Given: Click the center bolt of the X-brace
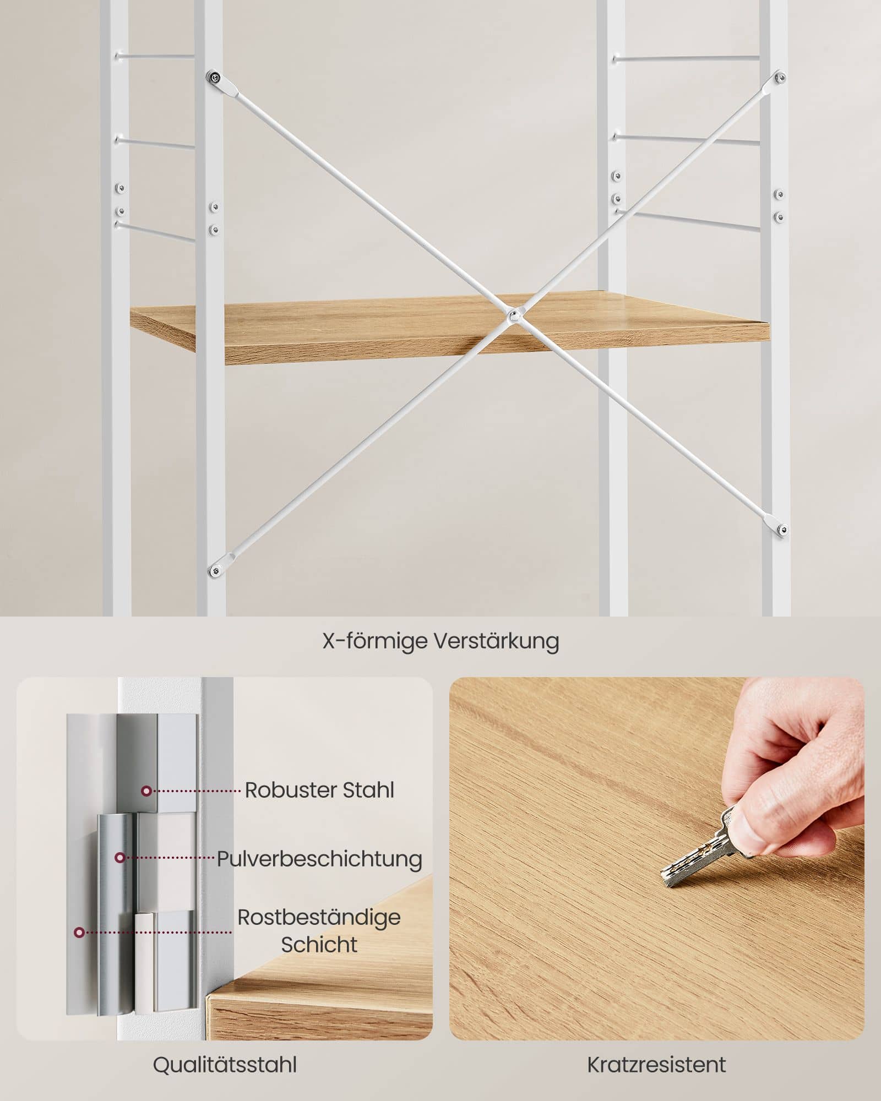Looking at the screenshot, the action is pyautogui.click(x=513, y=315).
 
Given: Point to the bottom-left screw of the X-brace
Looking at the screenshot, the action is pyautogui.click(x=214, y=571).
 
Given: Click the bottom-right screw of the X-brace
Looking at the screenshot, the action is pyautogui.click(x=782, y=530).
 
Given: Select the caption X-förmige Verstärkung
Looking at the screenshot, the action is pyautogui.click(x=440, y=641).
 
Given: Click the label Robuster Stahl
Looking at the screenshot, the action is pyautogui.click(x=319, y=790).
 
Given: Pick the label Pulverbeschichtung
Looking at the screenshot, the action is pyautogui.click(x=319, y=859).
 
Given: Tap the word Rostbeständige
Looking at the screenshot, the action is pyautogui.click(x=319, y=918).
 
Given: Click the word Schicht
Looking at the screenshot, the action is pyautogui.click(x=319, y=945).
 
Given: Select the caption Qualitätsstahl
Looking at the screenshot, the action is pyautogui.click(x=225, y=1065).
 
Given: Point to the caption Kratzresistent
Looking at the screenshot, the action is pyautogui.click(x=656, y=1065).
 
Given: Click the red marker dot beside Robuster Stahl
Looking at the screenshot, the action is pyautogui.click(x=146, y=791).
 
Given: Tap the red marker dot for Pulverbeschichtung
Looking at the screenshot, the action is pyautogui.click(x=119, y=858).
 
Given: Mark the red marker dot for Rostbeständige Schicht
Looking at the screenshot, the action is pyautogui.click(x=80, y=933).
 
